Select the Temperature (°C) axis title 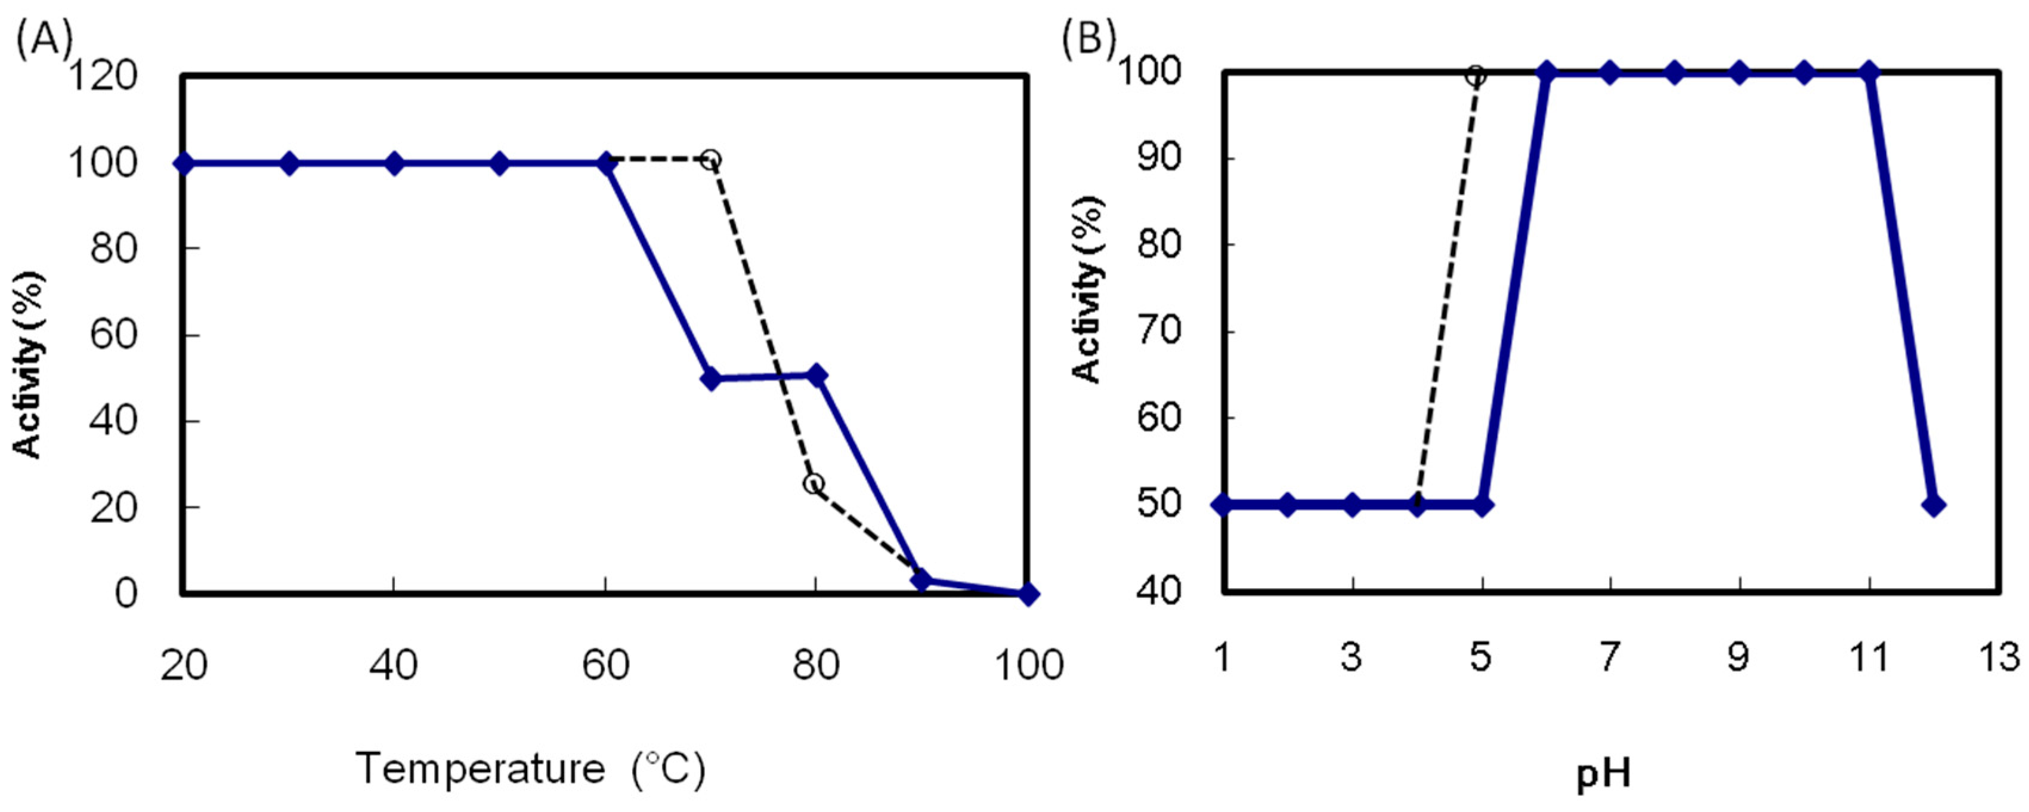coord(530,768)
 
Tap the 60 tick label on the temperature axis coord(605,665)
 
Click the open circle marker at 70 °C coord(710,160)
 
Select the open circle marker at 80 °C coord(815,483)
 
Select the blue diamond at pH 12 coord(1934,505)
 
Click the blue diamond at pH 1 coord(1223,505)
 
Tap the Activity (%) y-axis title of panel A coord(29,365)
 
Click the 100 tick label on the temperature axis coord(1027,665)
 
